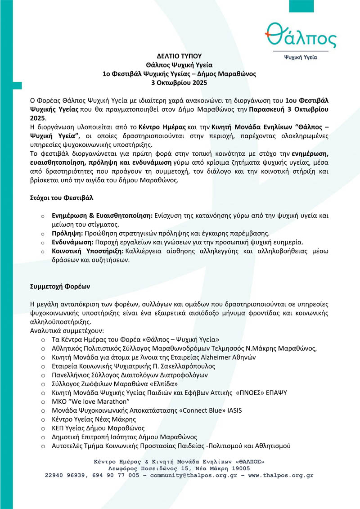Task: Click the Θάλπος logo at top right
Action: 301,38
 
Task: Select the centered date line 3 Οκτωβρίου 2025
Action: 179,83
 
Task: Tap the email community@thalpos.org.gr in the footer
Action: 190,475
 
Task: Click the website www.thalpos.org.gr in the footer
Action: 280,475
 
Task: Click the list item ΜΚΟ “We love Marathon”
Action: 91,401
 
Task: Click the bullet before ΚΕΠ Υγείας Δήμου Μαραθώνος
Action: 43,428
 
